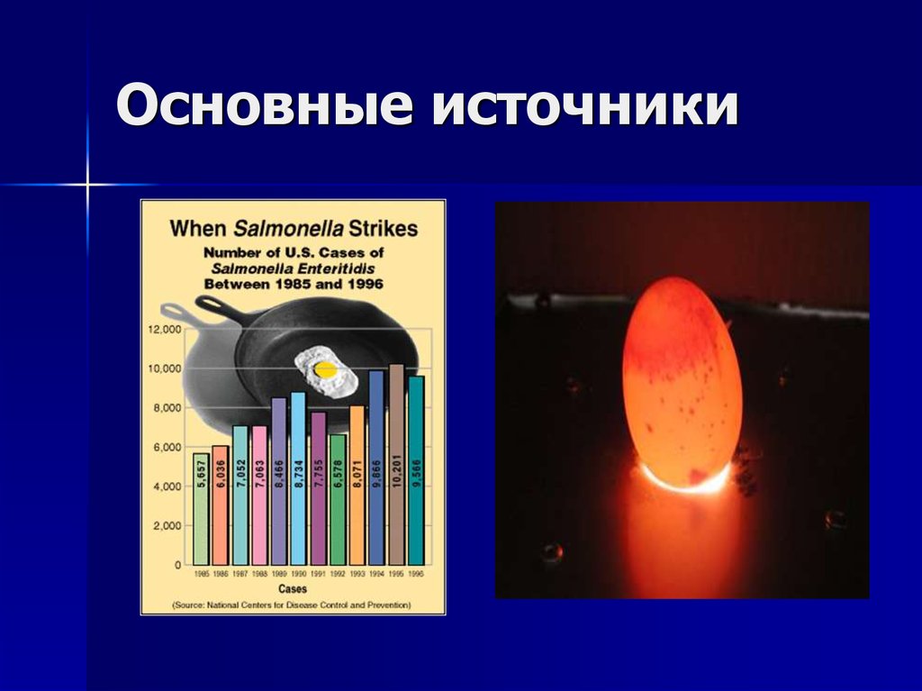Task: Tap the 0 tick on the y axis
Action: coord(176,565)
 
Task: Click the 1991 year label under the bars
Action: coord(318,573)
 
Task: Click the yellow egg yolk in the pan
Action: coord(325,368)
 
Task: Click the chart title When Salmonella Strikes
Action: coord(294,228)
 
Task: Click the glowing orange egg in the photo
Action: coord(682,382)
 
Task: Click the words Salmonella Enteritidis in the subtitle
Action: coord(294,268)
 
